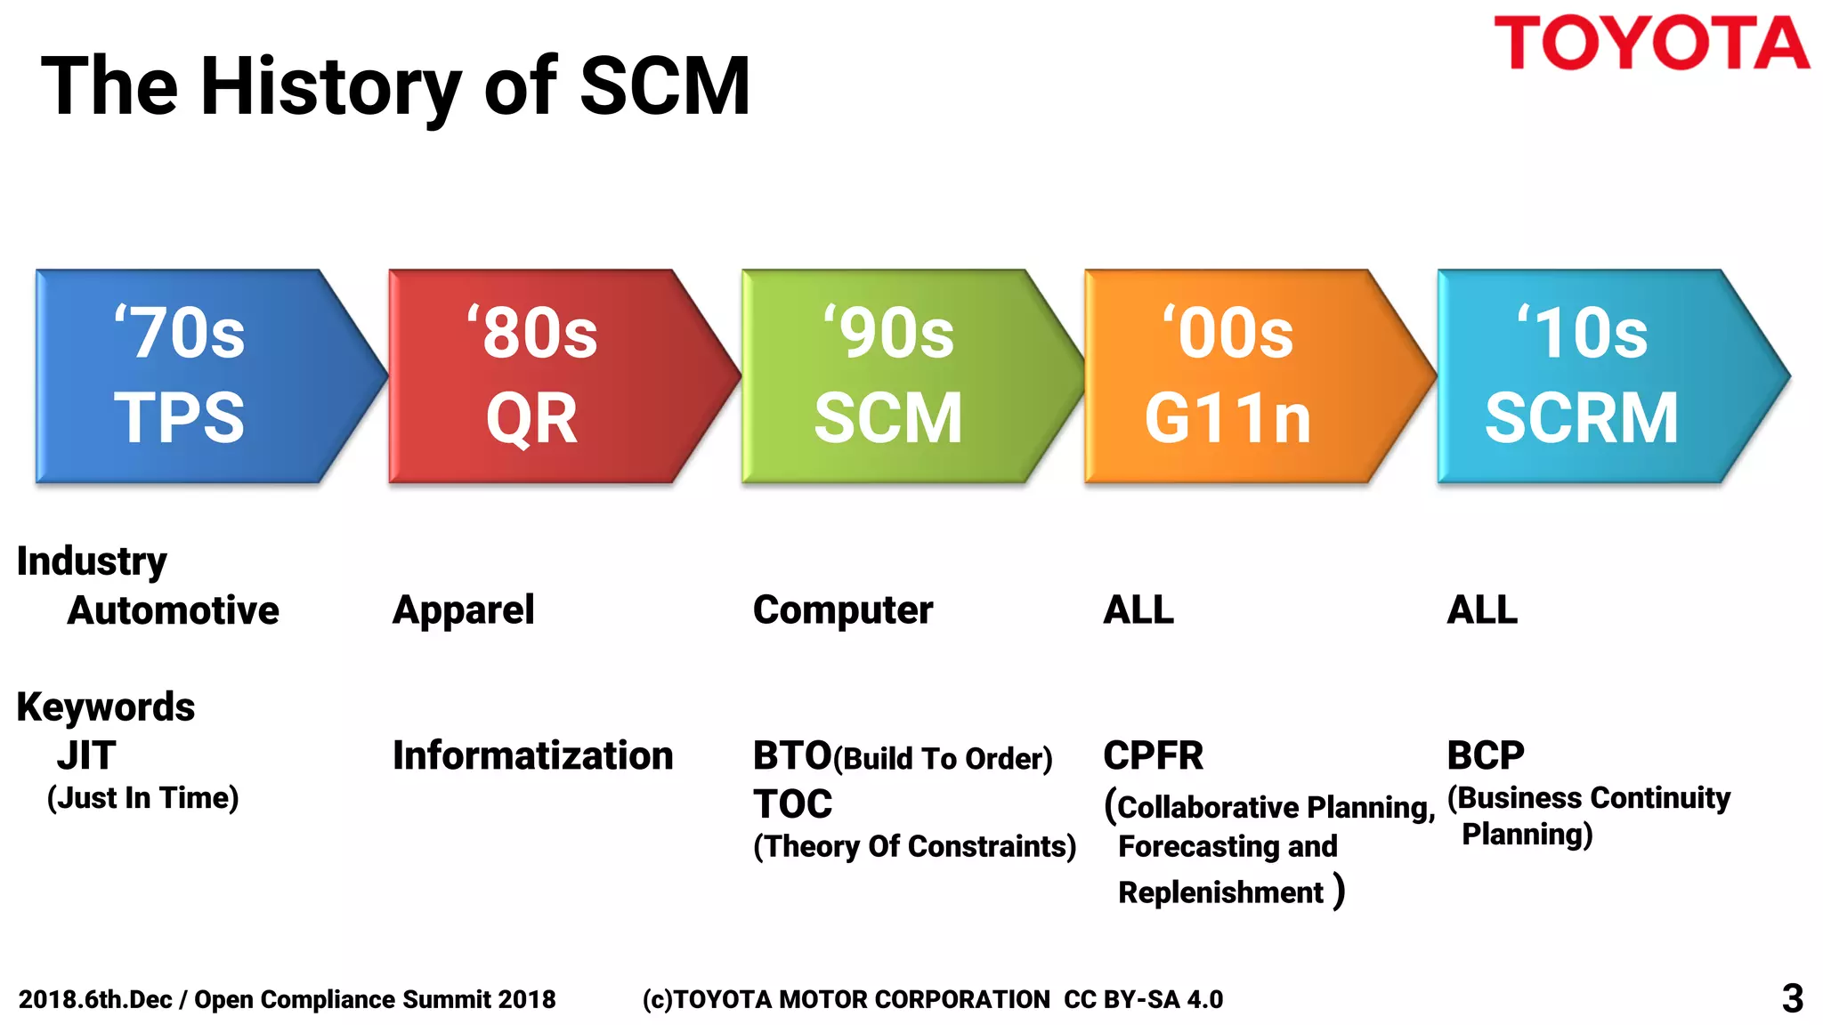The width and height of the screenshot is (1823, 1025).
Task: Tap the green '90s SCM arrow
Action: (x=899, y=376)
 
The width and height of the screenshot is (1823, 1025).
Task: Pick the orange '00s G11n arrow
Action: (x=1246, y=376)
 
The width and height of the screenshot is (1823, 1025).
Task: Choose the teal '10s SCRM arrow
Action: (x=1598, y=376)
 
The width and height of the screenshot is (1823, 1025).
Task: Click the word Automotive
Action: (x=174, y=610)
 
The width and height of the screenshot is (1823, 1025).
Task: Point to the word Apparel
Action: (x=463, y=610)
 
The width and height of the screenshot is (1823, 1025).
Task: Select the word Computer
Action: (x=843, y=610)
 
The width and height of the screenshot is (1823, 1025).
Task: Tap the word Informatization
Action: (x=532, y=755)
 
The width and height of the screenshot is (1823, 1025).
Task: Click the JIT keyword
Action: (x=86, y=755)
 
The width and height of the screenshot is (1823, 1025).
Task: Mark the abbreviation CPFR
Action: (x=1153, y=755)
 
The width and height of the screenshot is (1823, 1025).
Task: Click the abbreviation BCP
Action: (x=1485, y=755)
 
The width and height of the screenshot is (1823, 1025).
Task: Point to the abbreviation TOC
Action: (x=792, y=804)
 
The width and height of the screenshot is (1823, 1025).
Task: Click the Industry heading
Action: (x=92, y=561)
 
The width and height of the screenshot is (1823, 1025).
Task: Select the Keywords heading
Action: (x=105, y=707)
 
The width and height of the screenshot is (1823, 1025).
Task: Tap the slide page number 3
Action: (x=1792, y=998)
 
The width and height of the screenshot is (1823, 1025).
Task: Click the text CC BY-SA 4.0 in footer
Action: (x=1143, y=999)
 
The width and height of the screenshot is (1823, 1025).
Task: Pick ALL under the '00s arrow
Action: (x=1138, y=610)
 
